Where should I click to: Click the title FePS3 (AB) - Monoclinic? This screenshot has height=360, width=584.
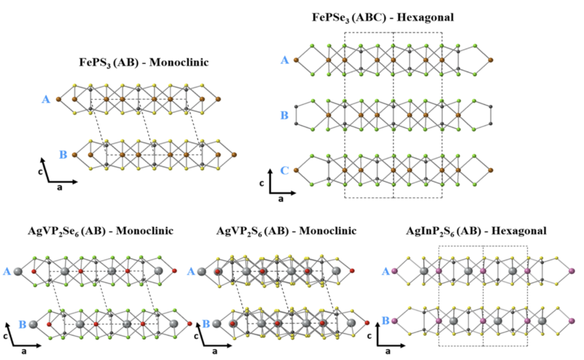pyautogui.click(x=144, y=62)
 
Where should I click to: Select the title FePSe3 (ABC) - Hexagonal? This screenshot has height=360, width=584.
pyautogui.click(x=383, y=17)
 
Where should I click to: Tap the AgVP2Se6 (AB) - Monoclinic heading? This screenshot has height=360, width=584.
pyautogui.click(x=100, y=231)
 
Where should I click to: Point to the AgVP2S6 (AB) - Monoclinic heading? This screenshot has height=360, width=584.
pyautogui.click(x=286, y=231)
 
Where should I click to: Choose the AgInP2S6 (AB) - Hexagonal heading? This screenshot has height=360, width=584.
pyautogui.click(x=476, y=231)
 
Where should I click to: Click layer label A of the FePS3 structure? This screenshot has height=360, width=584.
pyautogui.click(x=46, y=99)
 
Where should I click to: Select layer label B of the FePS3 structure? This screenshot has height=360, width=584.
pyautogui.click(x=63, y=155)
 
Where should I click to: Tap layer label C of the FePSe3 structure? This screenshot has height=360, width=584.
pyautogui.click(x=284, y=170)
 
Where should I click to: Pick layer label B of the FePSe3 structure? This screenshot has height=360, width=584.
pyautogui.click(x=284, y=115)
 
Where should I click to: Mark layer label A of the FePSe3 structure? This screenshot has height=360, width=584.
pyautogui.click(x=284, y=60)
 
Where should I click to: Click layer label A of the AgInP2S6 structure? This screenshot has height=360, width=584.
pyautogui.click(x=386, y=271)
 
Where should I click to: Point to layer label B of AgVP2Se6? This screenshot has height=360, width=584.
pyautogui.click(x=22, y=325)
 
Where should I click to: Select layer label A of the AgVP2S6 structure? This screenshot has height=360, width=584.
pyautogui.click(x=191, y=271)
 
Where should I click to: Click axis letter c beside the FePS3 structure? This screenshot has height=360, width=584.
pyautogui.click(x=40, y=172)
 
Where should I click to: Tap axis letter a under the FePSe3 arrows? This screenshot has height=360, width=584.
pyautogui.click(x=280, y=199)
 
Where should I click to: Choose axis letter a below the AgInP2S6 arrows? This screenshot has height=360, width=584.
pyautogui.click(x=388, y=351)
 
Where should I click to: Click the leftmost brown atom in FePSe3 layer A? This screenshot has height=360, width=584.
pyautogui.click(x=296, y=60)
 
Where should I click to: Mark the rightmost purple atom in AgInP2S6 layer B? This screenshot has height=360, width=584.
pyautogui.click(x=572, y=321)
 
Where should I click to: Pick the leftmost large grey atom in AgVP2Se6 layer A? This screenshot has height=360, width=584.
pyautogui.click(x=18, y=271)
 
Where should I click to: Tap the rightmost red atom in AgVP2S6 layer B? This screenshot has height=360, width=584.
pyautogui.click(x=367, y=323)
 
